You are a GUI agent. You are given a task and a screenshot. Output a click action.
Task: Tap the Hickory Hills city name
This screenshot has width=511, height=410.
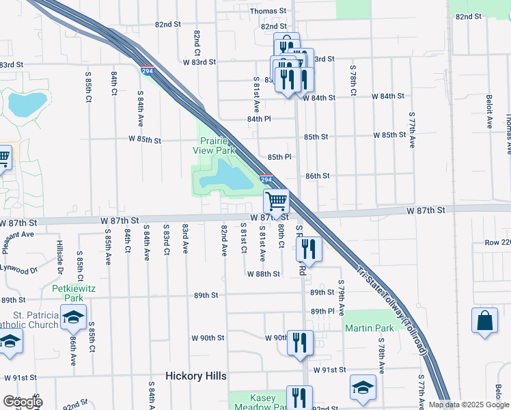coord(195,377)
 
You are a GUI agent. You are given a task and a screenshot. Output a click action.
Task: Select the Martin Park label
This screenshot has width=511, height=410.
coord(369,328)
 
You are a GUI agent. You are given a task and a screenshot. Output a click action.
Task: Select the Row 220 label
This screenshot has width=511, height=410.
coord(497,243)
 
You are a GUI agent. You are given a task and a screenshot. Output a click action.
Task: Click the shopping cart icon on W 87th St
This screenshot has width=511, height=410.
coord(277,202)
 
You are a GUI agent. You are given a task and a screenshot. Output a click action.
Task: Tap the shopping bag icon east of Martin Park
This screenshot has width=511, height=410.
coord(484,320)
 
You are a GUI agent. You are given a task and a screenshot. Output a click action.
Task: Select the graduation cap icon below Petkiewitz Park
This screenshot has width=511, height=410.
coord(73,316)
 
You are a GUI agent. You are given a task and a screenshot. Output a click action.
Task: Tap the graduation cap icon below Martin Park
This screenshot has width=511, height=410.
coord(363,387)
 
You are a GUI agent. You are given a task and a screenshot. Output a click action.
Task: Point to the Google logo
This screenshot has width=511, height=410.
coord(21,402)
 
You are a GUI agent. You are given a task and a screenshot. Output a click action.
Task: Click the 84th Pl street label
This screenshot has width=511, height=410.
coord(259,119)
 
